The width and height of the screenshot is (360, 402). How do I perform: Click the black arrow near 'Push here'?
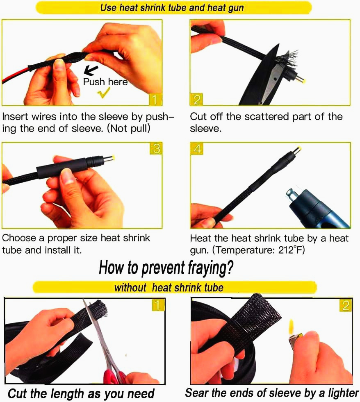pyautogui.click(x=91, y=70)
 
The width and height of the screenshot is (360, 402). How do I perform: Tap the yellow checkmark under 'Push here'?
pyautogui.click(x=104, y=93)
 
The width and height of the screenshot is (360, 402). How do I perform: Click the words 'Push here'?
pyautogui.click(x=105, y=82)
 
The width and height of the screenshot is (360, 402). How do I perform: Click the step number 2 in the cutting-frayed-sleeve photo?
pyautogui.click(x=196, y=100)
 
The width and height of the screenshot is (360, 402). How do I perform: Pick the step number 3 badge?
pyautogui.click(x=156, y=148)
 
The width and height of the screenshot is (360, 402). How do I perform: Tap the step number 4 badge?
pyautogui.click(x=197, y=149)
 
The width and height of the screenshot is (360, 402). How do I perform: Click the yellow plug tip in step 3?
pyautogui.click(x=112, y=158)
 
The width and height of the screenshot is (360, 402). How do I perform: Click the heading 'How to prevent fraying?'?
pyautogui.click(x=166, y=268)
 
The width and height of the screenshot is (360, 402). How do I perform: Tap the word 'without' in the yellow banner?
pyautogui.click(x=130, y=287)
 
